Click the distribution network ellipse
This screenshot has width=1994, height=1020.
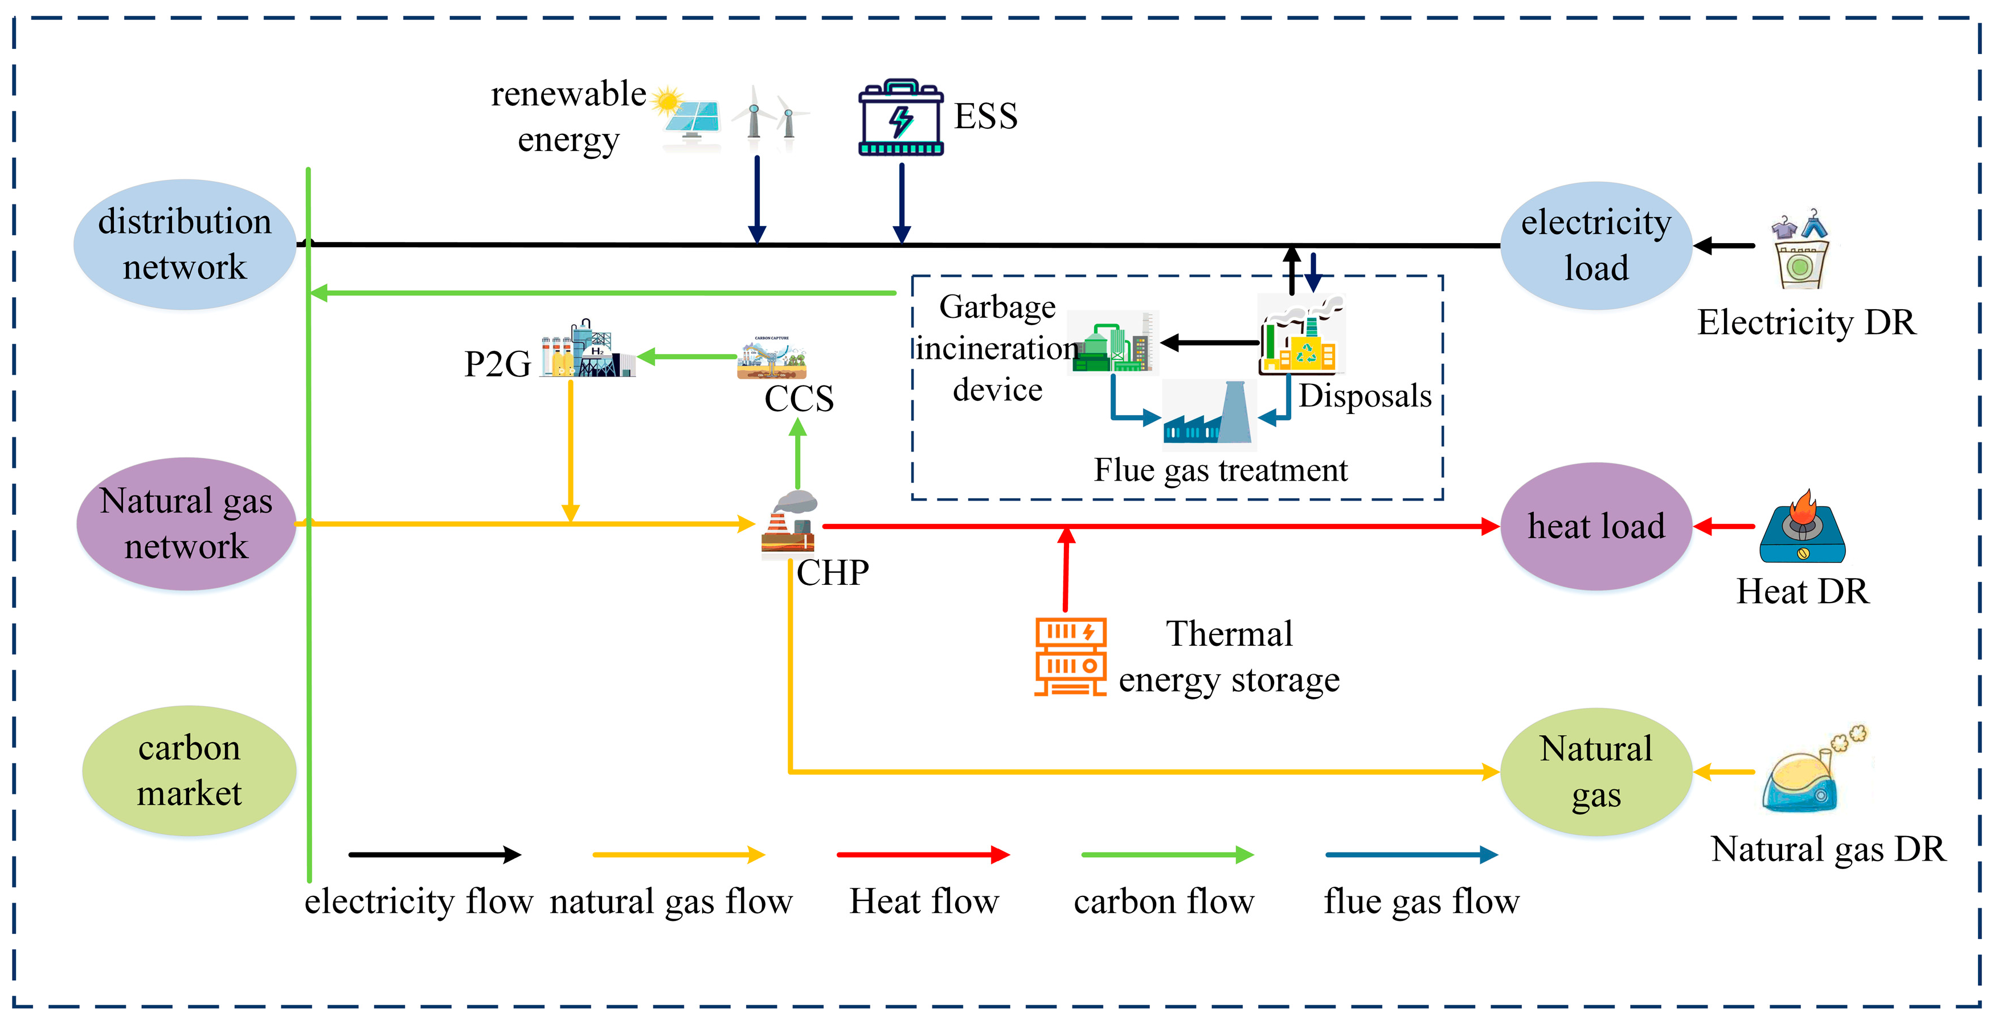click(x=184, y=244)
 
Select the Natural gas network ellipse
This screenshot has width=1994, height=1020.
click(x=186, y=524)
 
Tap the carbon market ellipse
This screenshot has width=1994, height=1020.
click(x=189, y=771)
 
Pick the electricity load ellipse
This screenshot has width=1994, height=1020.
click(x=1595, y=245)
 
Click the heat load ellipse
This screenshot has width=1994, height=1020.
click(x=1595, y=526)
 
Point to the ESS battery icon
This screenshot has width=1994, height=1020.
click(x=900, y=118)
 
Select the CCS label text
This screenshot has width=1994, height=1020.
click(x=799, y=399)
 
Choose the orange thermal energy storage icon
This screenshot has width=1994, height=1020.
click(x=1071, y=656)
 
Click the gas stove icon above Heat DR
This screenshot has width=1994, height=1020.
click(x=1802, y=528)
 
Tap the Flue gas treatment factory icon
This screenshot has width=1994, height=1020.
click(x=1209, y=415)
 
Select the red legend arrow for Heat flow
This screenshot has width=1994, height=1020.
click(x=923, y=854)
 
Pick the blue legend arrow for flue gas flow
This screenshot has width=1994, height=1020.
click(x=1411, y=854)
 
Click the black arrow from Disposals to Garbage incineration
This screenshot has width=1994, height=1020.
click(x=1209, y=342)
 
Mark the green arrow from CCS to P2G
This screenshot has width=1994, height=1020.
click(x=686, y=357)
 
